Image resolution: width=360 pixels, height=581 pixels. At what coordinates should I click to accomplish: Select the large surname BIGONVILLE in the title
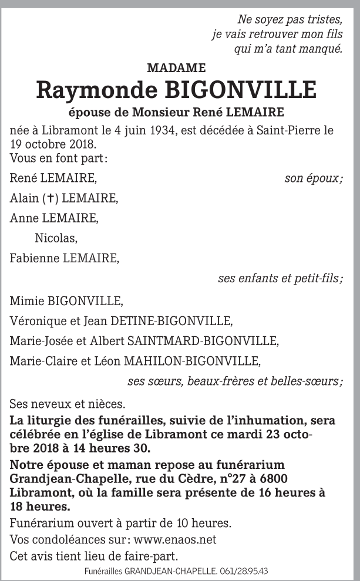coord(241,90)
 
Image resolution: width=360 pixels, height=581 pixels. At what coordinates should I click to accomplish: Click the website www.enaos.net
coord(176,539)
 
